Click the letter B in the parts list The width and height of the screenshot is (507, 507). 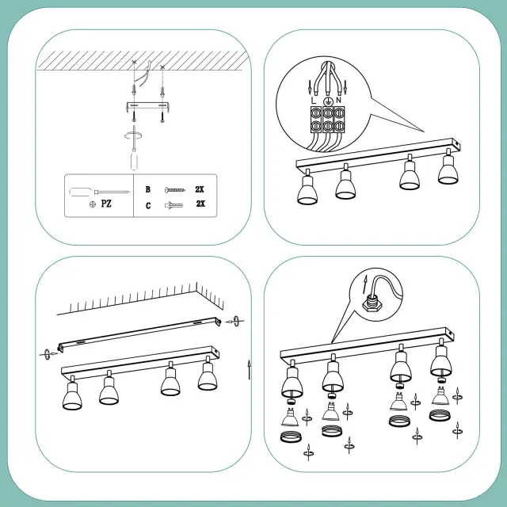pyautogui.click(x=148, y=189)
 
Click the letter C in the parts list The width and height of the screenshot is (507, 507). pyautogui.click(x=148, y=206)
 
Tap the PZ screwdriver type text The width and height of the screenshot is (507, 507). pyautogui.click(x=106, y=204)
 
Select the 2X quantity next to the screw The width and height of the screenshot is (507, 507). pyautogui.click(x=200, y=189)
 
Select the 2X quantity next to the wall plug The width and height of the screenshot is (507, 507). pyautogui.click(x=200, y=204)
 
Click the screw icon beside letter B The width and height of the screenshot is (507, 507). pyautogui.click(x=175, y=190)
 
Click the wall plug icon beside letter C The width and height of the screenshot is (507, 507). pyautogui.click(x=173, y=205)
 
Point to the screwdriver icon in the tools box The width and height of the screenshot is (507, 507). pyautogui.click(x=99, y=192)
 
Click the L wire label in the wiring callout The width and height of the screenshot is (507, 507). pyautogui.click(x=313, y=101)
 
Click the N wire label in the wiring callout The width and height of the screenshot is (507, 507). pyautogui.click(x=338, y=101)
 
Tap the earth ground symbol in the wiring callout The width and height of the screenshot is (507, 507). pyautogui.click(x=328, y=102)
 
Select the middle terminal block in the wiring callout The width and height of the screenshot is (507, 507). pyautogui.click(x=328, y=119)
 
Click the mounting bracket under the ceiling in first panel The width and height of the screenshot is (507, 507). pyautogui.click(x=147, y=107)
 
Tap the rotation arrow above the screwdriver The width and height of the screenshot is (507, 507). pyautogui.click(x=133, y=135)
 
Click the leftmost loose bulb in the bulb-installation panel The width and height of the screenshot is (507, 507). pyautogui.click(x=290, y=417)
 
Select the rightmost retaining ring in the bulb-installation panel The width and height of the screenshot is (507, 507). pyautogui.click(x=440, y=415)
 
